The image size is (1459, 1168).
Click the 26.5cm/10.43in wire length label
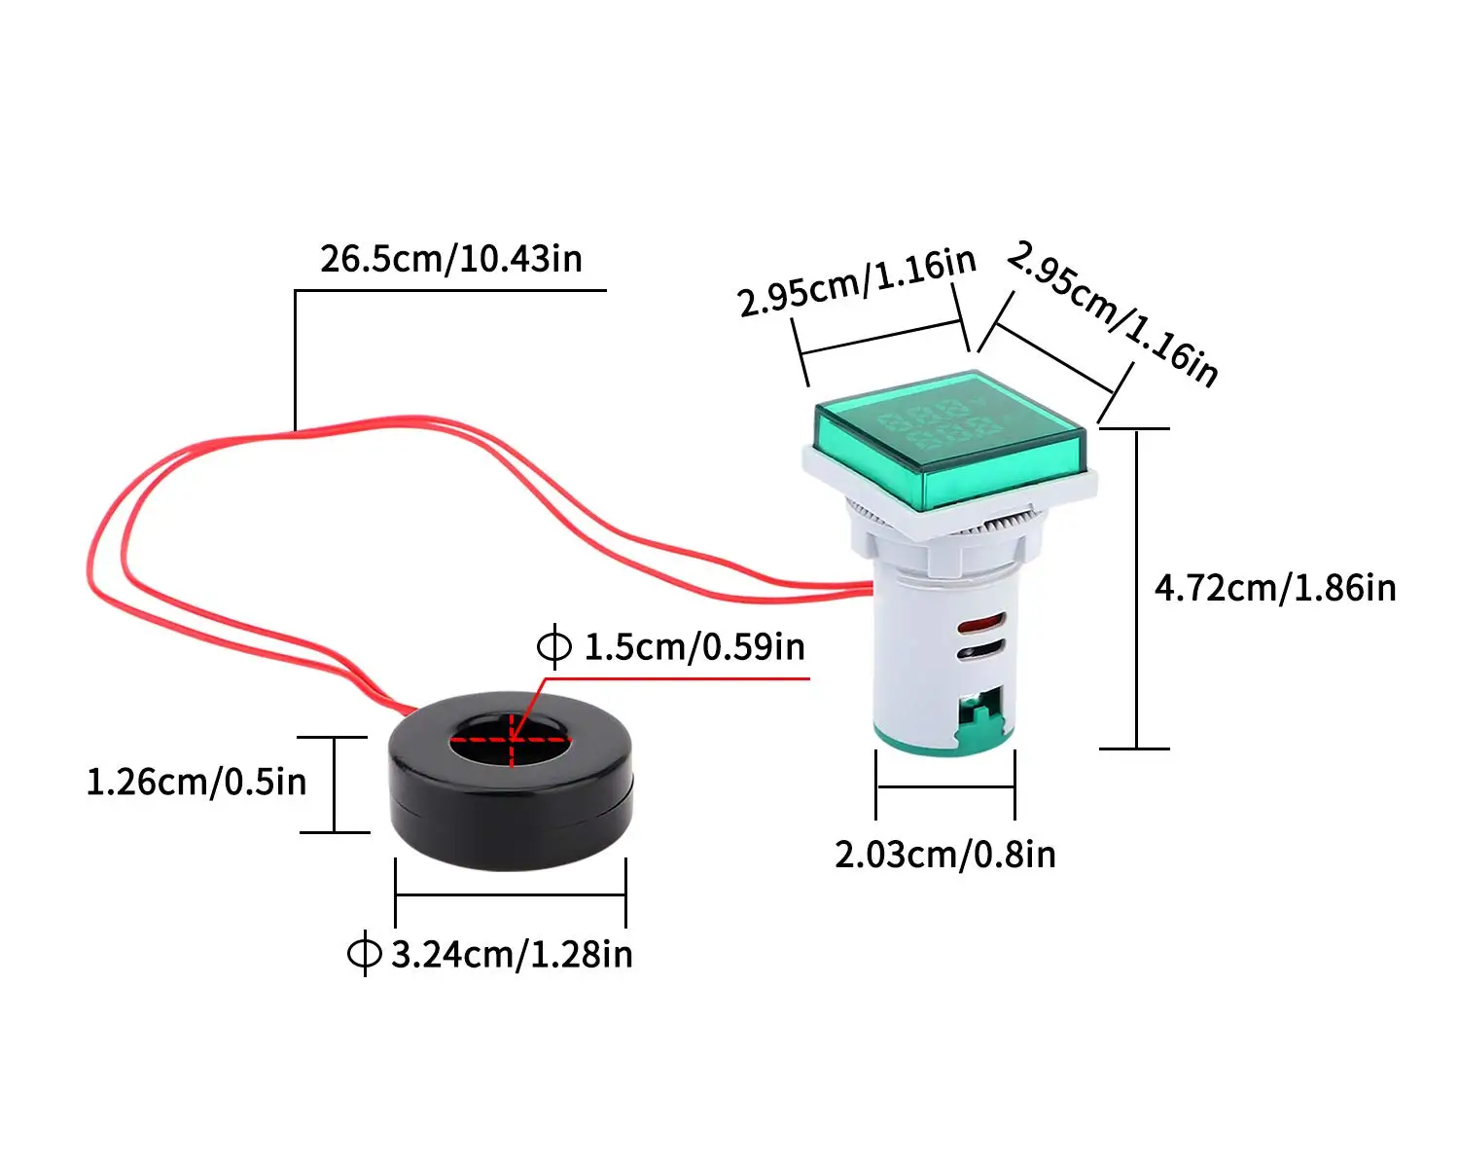coord(451,259)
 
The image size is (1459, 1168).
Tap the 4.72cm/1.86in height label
coord(1274,588)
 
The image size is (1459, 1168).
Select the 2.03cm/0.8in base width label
coord(944,854)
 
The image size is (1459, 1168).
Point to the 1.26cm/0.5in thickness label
coord(196,782)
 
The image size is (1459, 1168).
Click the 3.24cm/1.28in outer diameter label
coord(512,954)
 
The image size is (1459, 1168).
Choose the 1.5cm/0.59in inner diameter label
coord(694,646)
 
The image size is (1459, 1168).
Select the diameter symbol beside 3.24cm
coord(365,954)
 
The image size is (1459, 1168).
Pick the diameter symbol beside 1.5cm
coord(554,646)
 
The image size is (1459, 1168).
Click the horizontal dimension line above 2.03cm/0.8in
coord(944,786)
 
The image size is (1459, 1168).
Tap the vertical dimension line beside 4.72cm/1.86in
coord(1136,588)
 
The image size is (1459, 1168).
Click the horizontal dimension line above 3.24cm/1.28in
coord(510,894)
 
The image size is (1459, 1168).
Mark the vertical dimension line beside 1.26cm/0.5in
coord(335,785)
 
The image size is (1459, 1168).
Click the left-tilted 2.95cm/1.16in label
coord(856,282)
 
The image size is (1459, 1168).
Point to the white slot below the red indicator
coord(979,649)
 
